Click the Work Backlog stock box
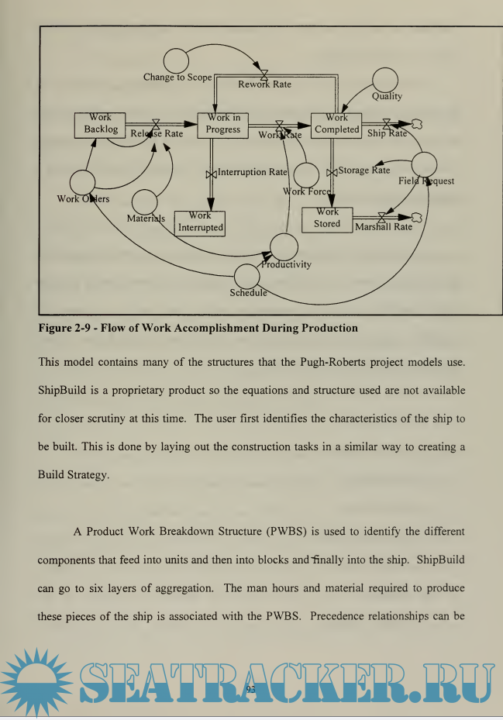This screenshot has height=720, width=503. (x=100, y=125)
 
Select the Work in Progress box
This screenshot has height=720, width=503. (x=223, y=125)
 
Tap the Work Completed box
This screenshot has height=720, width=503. (x=337, y=125)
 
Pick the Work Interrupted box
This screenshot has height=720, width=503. (x=200, y=222)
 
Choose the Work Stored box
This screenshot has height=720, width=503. (x=327, y=219)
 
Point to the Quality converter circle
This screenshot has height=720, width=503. (x=385, y=79)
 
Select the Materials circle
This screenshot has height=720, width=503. (x=145, y=203)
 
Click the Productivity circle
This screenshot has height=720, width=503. (x=284, y=246)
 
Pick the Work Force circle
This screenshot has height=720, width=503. (x=306, y=175)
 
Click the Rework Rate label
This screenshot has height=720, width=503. (x=264, y=84)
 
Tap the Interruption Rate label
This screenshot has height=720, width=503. (x=252, y=172)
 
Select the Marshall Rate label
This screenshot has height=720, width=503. (x=383, y=227)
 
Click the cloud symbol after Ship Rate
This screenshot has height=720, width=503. (x=416, y=122)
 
